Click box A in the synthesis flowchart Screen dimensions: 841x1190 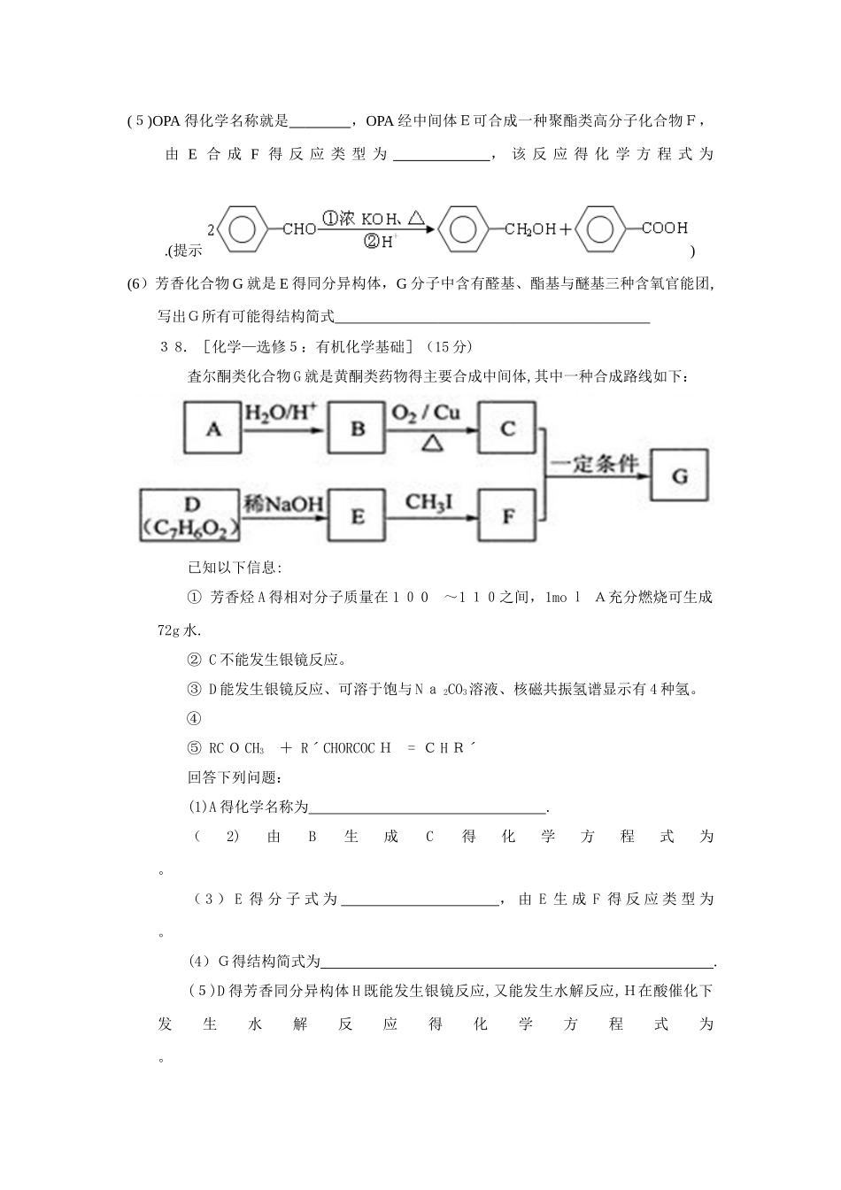[x=212, y=429]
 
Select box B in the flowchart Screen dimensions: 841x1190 [x=358, y=429]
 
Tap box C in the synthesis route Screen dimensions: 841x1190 [x=507, y=429]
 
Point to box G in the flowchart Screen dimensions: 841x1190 [x=680, y=475]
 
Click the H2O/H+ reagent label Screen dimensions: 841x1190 [x=274, y=413]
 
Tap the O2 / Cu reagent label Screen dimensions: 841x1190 [x=425, y=413]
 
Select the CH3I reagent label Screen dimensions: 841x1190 [x=428, y=502]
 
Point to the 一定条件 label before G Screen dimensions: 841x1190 [x=594, y=464]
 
